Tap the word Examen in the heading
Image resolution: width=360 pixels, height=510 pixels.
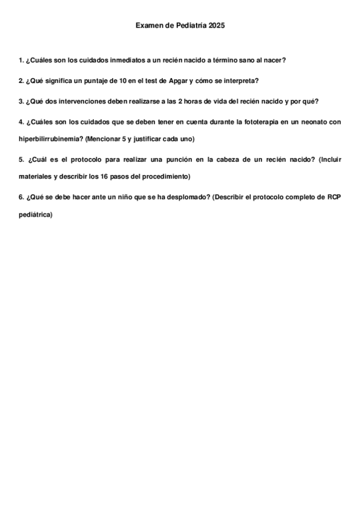(148, 26)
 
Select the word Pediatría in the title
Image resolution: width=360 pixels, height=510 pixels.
(189, 26)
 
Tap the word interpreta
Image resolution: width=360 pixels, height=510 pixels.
(240, 80)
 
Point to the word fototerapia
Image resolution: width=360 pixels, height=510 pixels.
(258, 121)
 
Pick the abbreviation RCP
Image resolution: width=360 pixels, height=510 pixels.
(334, 197)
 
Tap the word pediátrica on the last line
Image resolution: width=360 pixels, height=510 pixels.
(35, 214)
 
